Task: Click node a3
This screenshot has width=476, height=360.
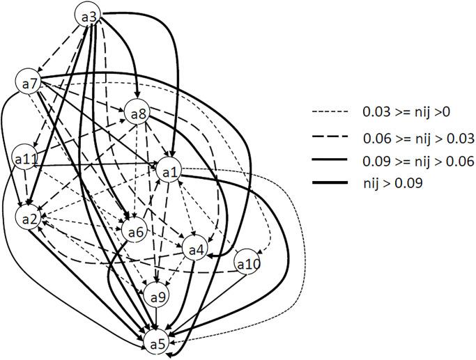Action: [89, 15]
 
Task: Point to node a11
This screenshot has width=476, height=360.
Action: [25, 159]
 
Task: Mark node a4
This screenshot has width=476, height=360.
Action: [197, 249]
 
